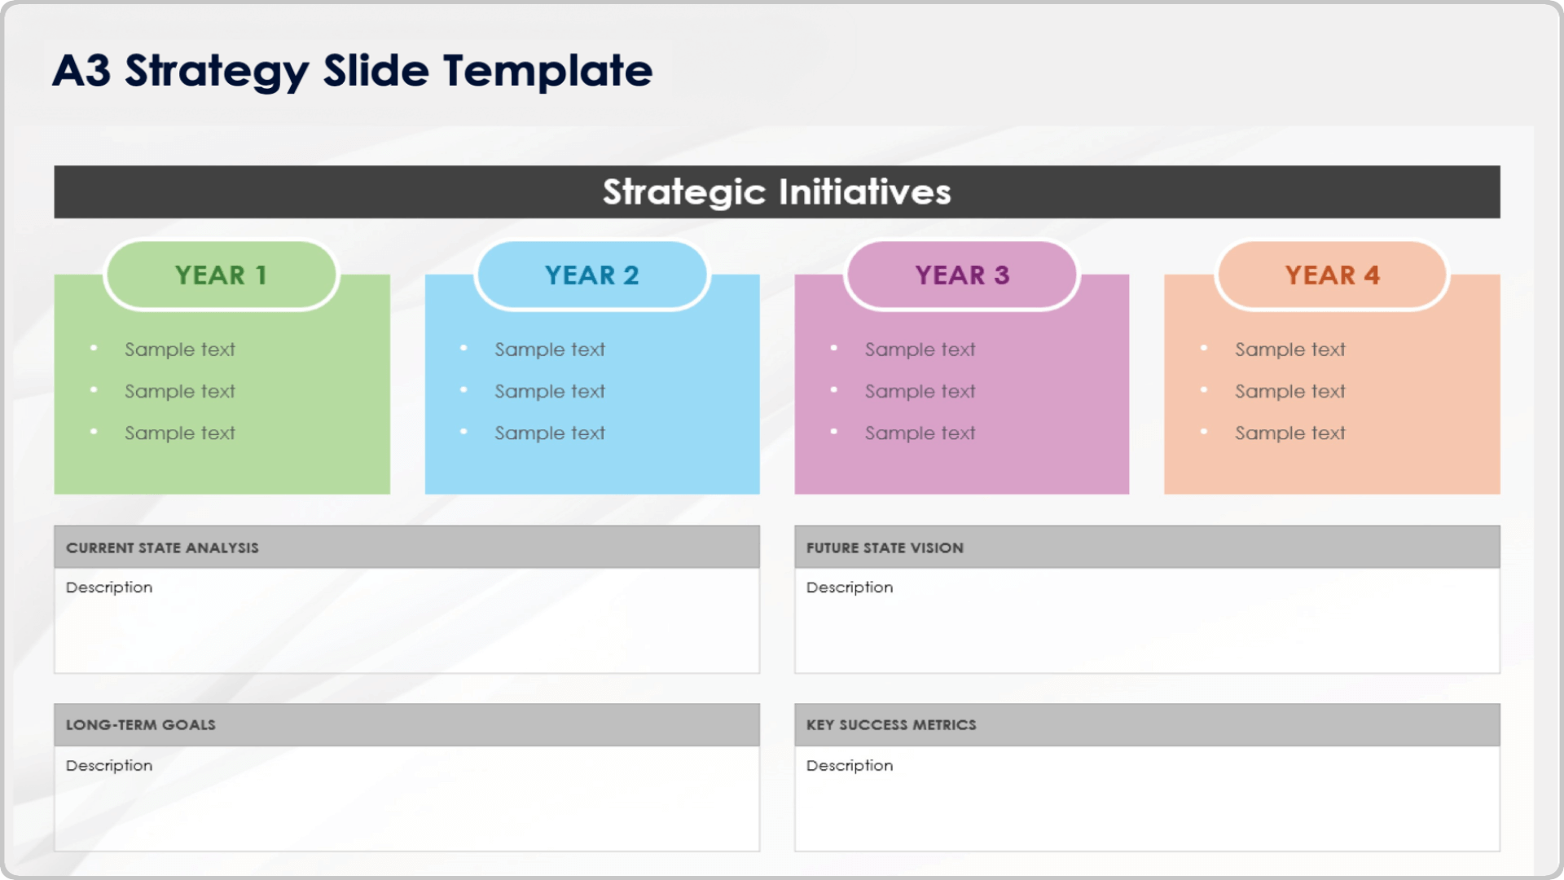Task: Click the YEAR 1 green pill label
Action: tap(221, 275)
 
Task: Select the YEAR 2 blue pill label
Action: tap(591, 275)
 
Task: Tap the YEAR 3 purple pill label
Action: tap(962, 275)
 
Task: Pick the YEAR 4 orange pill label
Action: tap(1332, 275)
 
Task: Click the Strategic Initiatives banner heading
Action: tap(776, 192)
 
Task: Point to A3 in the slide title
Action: tap(81, 71)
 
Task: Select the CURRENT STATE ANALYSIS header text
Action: tap(162, 548)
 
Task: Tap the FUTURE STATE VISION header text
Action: tap(885, 548)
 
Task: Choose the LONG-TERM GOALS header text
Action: tap(140, 725)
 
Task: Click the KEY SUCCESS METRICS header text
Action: tap(890, 725)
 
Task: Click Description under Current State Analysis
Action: tap(109, 587)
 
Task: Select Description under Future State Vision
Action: tap(849, 587)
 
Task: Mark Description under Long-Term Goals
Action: tap(109, 766)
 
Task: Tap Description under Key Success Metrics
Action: tap(849, 766)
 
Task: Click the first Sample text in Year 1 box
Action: tap(179, 350)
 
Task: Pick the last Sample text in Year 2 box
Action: tap(550, 433)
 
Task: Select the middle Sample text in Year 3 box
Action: tap(920, 392)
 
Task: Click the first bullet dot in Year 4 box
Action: tap(1203, 348)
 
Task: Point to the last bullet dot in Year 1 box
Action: tap(94, 432)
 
